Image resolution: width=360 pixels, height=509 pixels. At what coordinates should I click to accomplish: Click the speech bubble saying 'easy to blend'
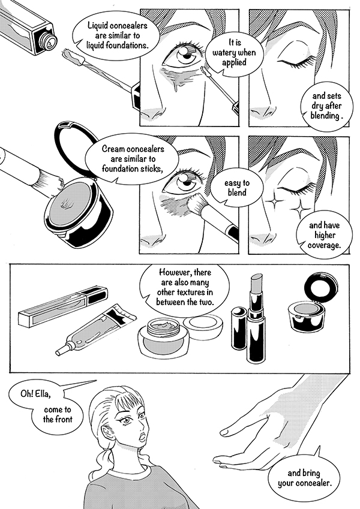click(x=236, y=188)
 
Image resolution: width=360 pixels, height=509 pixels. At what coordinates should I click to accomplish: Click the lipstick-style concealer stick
click(x=256, y=318)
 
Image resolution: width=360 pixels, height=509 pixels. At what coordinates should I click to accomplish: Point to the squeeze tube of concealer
click(x=96, y=329)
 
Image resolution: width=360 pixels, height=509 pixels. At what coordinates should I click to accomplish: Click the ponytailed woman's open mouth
click(x=142, y=437)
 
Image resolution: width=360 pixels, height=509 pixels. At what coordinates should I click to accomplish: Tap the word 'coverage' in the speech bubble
click(x=324, y=245)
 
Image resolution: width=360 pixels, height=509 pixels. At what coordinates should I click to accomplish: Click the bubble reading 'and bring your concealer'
click(x=304, y=478)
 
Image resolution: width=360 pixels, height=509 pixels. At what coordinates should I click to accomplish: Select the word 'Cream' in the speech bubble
click(x=113, y=149)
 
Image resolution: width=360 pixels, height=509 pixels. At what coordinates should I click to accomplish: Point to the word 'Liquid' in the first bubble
click(x=98, y=26)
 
